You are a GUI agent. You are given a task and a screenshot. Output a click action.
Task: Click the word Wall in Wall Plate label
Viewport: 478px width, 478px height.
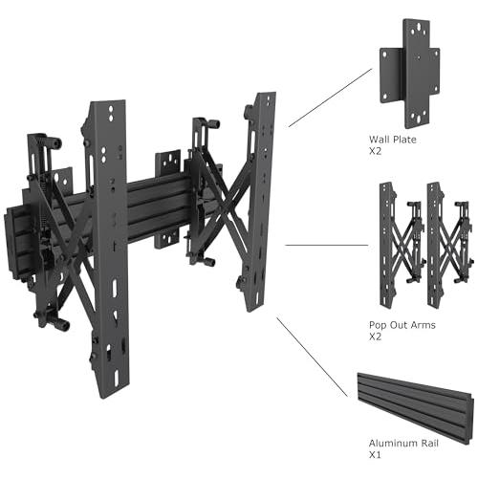click(380, 140)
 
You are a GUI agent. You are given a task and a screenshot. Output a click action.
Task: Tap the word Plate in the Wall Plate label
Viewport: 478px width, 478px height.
click(404, 140)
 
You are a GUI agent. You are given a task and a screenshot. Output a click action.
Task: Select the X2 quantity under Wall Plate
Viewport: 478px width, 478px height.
click(375, 151)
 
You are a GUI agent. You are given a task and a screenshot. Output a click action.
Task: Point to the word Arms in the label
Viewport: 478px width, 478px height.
click(423, 325)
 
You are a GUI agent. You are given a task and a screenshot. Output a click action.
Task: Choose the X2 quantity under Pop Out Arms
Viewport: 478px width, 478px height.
click(375, 337)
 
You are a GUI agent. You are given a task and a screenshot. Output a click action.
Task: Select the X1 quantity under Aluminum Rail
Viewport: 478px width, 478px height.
click(375, 455)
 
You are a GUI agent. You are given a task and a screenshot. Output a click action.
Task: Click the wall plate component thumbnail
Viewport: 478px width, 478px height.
click(410, 74)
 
